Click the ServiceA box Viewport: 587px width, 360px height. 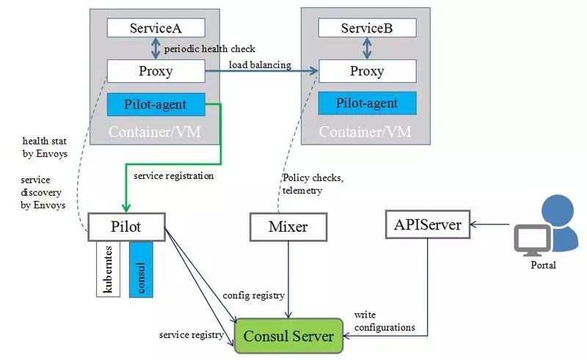(155, 28)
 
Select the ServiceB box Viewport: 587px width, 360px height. (366, 28)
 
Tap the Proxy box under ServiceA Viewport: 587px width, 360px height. (155, 71)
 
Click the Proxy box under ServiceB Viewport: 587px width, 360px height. (366, 71)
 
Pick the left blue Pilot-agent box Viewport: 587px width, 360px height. (155, 104)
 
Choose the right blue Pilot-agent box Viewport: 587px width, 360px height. (366, 103)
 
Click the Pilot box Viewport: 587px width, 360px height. (126, 227)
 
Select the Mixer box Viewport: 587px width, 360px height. (288, 227)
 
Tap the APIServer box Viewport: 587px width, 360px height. (428, 224)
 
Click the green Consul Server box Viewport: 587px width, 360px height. (288, 337)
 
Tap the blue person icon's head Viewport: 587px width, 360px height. (556, 210)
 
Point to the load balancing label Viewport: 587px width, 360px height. (259, 65)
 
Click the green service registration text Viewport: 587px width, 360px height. (173, 176)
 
